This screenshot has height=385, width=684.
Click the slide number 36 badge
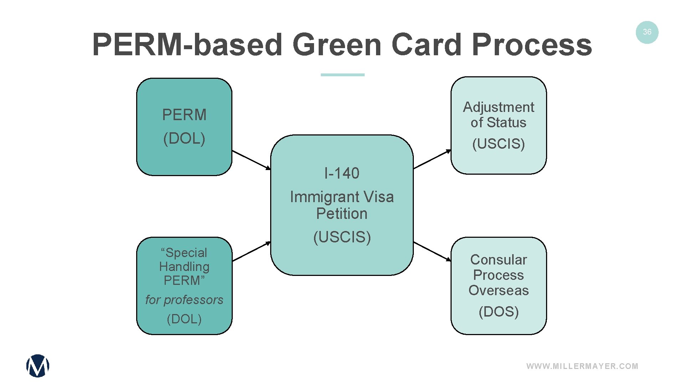(647, 32)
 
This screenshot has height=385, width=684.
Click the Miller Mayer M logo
(38, 366)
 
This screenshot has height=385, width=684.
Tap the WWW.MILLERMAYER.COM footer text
(582, 366)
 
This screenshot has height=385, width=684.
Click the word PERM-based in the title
(187, 45)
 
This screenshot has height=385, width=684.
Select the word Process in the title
(532, 45)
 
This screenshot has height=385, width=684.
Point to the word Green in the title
(337, 45)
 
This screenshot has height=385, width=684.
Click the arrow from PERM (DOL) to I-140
(251, 160)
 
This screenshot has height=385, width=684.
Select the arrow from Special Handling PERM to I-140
(251, 251)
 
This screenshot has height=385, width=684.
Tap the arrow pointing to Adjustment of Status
(432, 159)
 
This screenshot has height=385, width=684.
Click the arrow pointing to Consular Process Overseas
(432, 251)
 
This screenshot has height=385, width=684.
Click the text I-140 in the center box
(342, 174)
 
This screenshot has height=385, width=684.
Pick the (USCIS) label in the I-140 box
(342, 237)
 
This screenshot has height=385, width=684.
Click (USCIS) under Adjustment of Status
(498, 144)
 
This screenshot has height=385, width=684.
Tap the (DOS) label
(498, 312)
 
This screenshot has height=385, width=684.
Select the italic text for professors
(184, 300)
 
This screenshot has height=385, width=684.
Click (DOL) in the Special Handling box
(184, 319)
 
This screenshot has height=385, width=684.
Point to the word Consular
(498, 260)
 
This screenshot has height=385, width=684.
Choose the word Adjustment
(498, 107)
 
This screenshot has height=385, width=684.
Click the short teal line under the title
(342, 75)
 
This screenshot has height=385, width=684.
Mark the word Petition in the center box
(342, 214)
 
